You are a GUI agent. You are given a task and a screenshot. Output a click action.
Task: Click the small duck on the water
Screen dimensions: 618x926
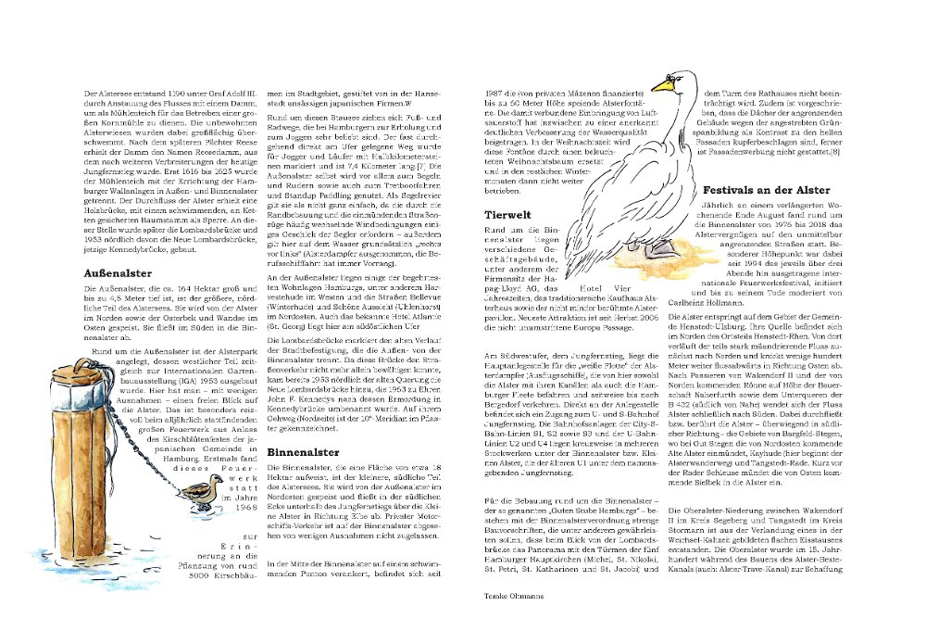[x=198, y=498]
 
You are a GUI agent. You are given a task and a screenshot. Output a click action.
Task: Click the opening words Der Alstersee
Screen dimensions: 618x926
[x=109, y=95]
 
